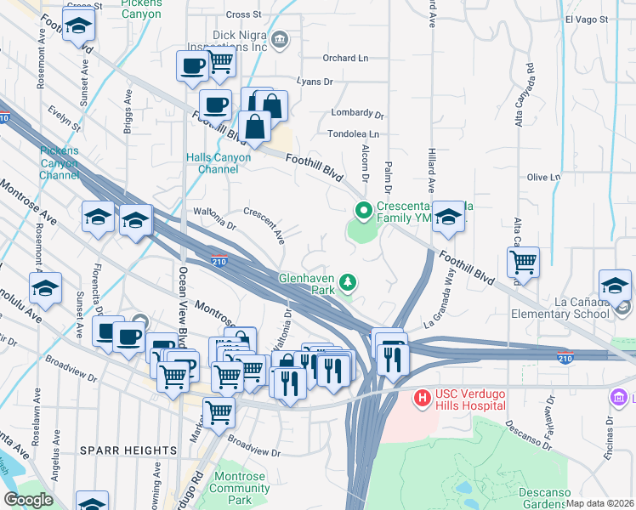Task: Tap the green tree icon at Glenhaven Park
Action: pos(347,280)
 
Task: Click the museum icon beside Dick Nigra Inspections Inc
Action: pos(280,40)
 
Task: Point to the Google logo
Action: pos(28,499)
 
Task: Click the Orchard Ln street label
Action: pos(345,59)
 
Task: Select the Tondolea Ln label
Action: pos(353,133)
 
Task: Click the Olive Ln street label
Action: pos(543,177)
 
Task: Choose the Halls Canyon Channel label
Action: pos(219,163)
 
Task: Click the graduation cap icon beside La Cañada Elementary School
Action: pos(615,286)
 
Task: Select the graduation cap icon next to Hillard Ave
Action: pos(448,218)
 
